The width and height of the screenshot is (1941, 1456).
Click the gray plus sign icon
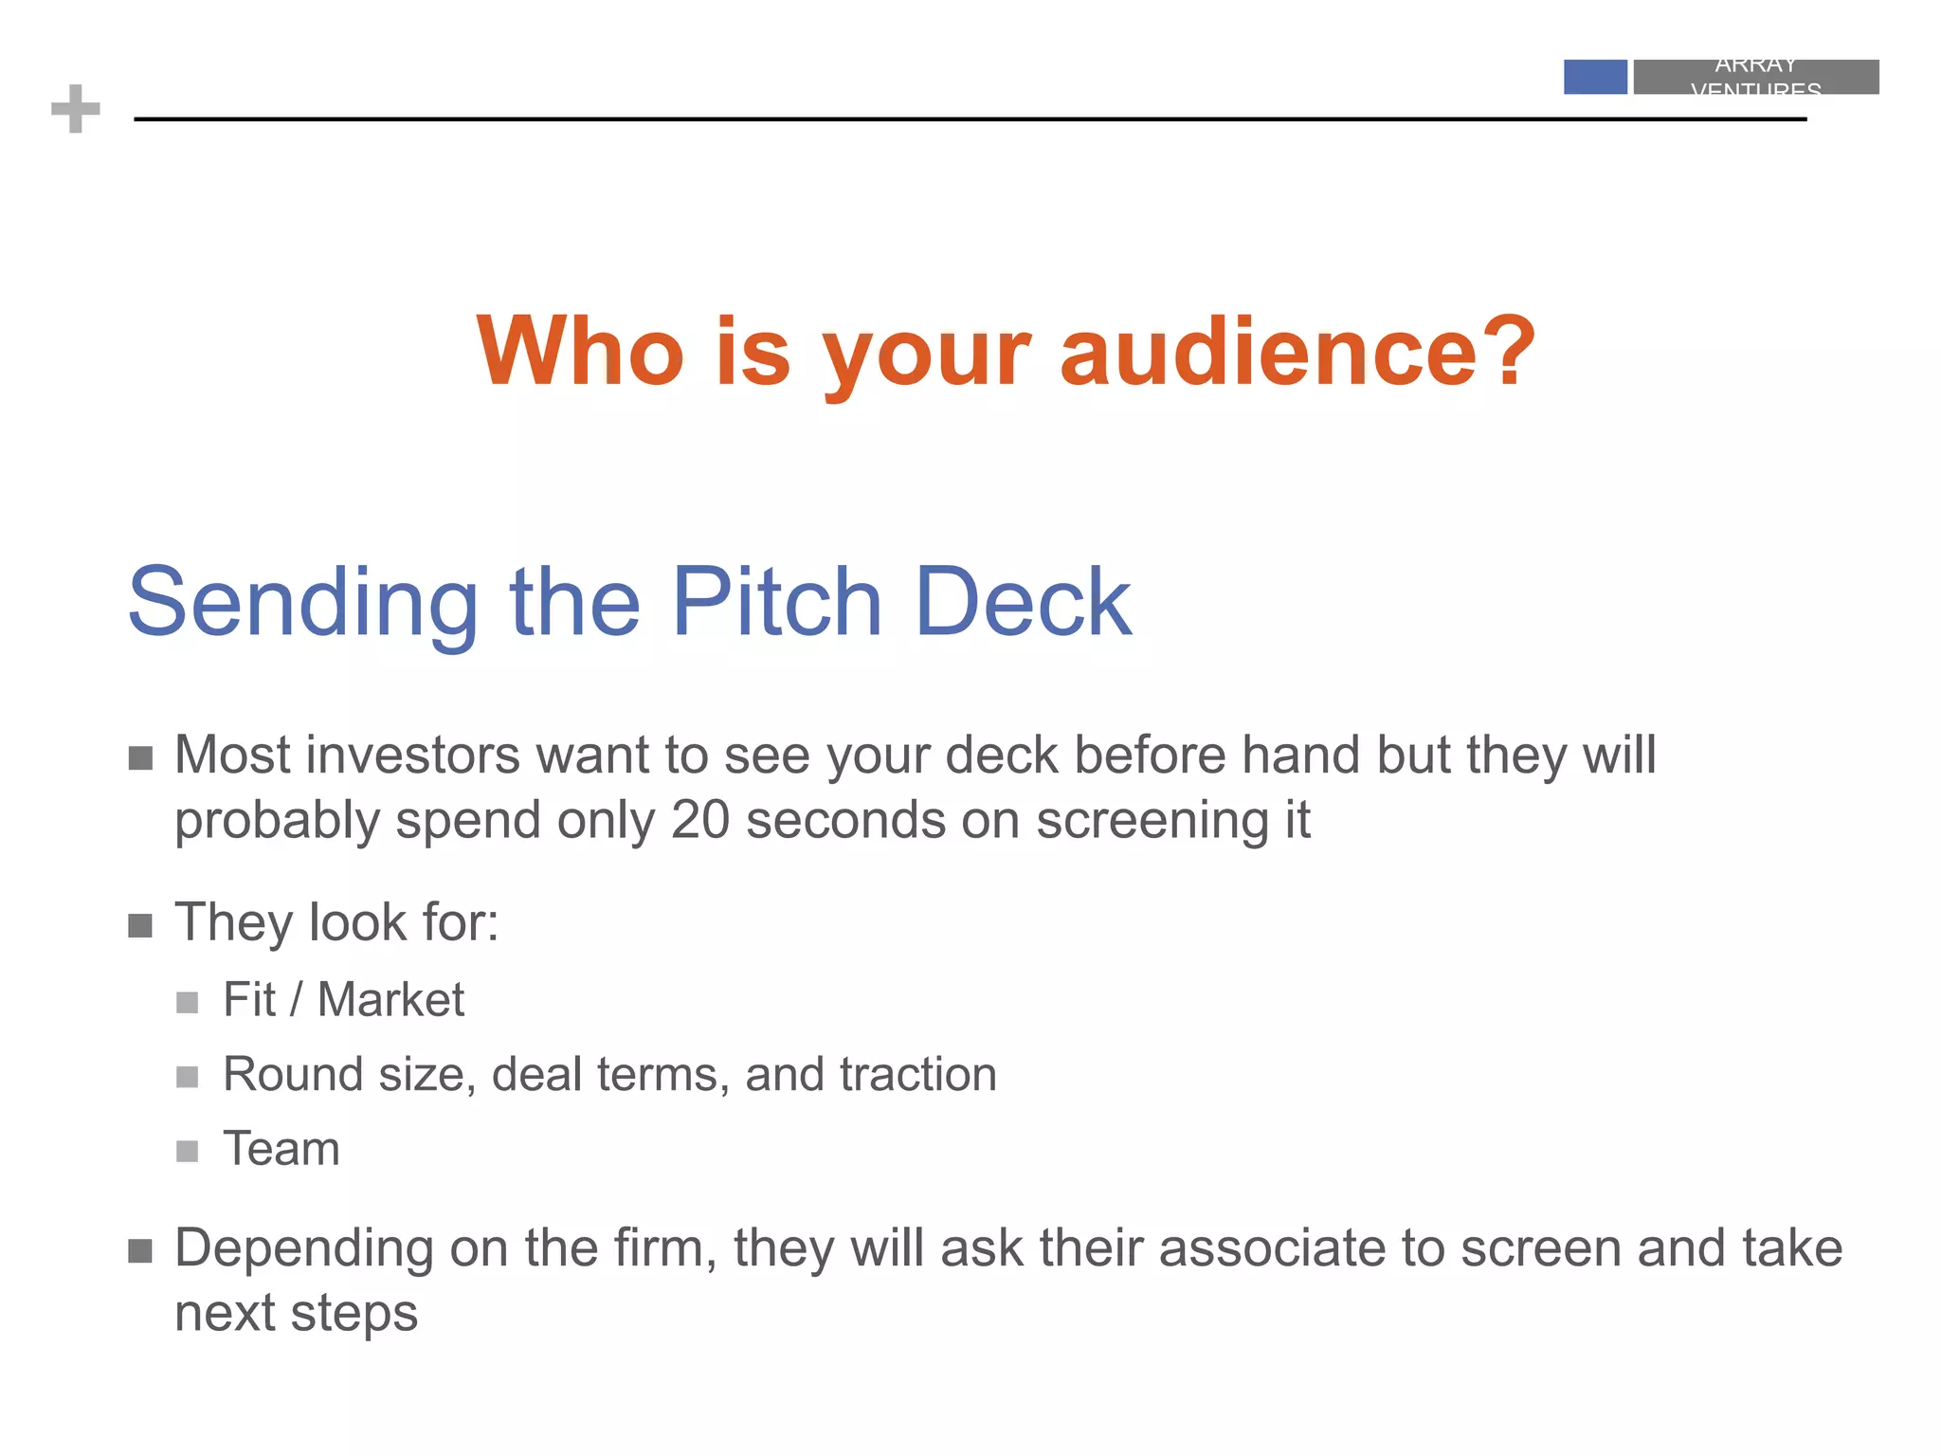pos(76,109)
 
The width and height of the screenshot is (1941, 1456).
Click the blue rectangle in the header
pos(1595,77)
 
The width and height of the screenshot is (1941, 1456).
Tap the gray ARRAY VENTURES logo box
pos(1755,77)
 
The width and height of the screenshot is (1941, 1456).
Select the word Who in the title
pos(579,352)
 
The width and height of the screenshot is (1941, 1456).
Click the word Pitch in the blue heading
pos(777,602)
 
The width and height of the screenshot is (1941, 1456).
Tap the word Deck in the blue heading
pos(1024,602)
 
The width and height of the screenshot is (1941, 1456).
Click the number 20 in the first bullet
pos(699,820)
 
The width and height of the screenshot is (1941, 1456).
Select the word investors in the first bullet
pos(413,755)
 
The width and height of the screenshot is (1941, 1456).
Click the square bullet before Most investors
pos(140,758)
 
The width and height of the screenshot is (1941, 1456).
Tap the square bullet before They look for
pos(140,925)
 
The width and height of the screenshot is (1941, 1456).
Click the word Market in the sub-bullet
pos(390,999)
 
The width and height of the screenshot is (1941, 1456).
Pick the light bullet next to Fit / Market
pos(188,1003)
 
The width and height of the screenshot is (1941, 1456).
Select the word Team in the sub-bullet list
pos(281,1149)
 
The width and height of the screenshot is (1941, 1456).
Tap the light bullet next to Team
pos(188,1152)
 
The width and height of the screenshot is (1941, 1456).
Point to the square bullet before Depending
pos(140,1251)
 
